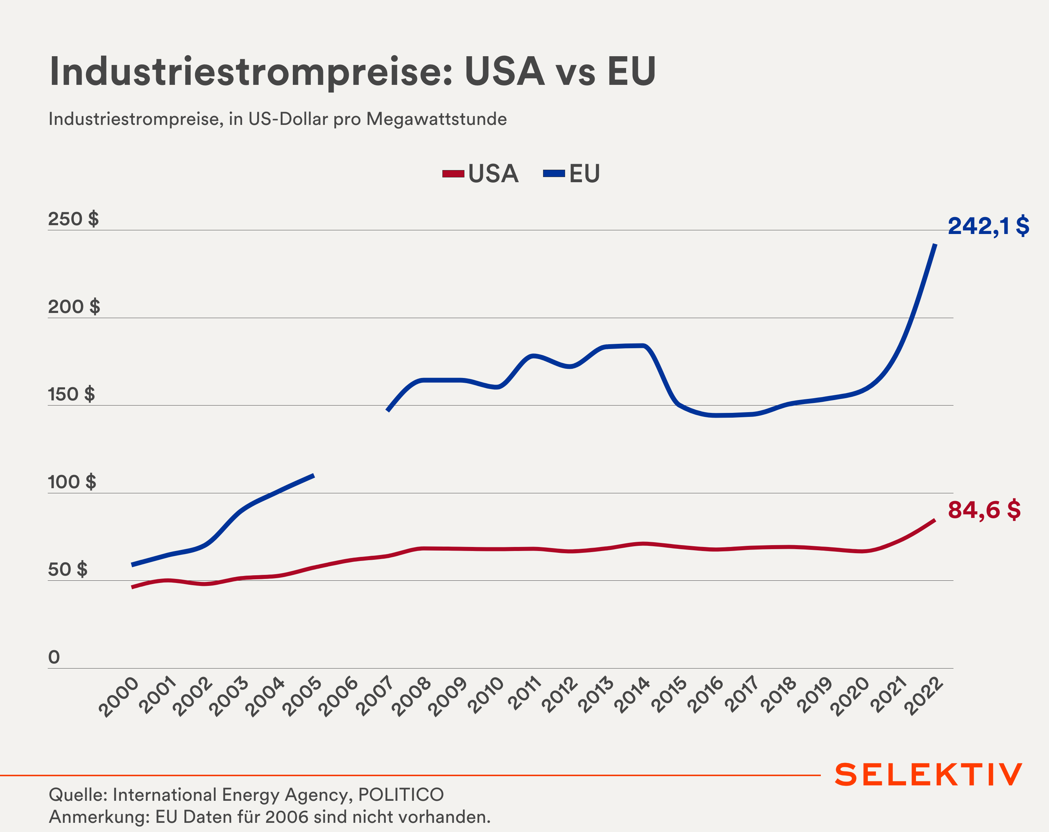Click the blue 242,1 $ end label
[x=988, y=226]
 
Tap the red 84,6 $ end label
[x=984, y=510]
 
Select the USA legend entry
[x=481, y=174]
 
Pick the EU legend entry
[x=572, y=174]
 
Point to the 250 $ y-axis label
[x=73, y=219]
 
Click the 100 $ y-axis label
[x=72, y=482]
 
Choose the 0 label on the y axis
[x=54, y=657]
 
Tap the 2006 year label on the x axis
[x=339, y=697]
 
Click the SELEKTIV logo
[x=928, y=775]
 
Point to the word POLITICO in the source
[x=401, y=795]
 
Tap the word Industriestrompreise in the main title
[x=251, y=72]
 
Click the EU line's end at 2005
[x=314, y=475]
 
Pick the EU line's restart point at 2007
[x=387, y=411]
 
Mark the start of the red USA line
[x=132, y=587]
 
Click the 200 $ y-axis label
[x=74, y=307]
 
